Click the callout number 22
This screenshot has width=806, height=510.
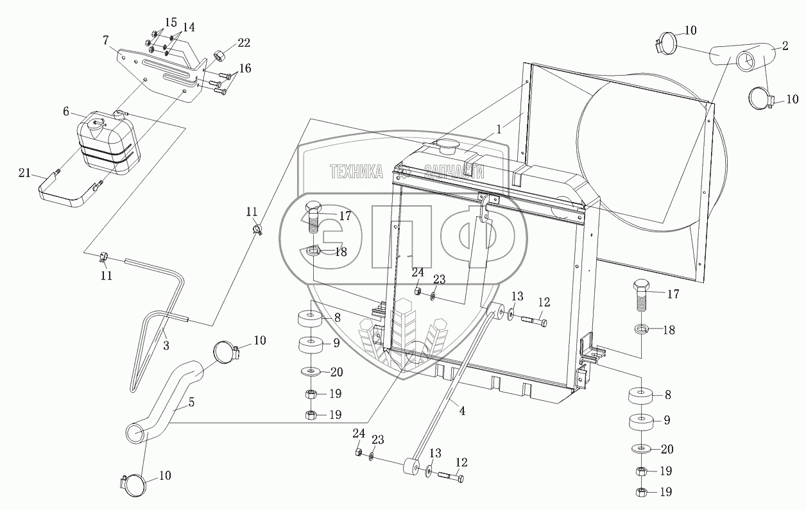[x=243, y=43]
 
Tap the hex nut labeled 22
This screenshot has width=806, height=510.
[x=219, y=56]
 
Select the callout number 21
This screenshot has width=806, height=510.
[x=24, y=173]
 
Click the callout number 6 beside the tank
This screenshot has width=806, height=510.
[x=66, y=112]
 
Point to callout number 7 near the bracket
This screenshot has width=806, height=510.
[x=105, y=40]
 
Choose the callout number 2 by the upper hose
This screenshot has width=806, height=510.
[x=784, y=46]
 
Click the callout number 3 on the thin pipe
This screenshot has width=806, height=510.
[x=166, y=346]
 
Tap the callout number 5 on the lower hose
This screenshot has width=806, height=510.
[x=191, y=402]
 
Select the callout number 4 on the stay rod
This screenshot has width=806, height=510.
[x=463, y=411]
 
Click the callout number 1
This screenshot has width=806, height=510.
[x=499, y=130]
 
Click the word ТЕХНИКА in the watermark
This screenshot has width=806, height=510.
[x=357, y=171]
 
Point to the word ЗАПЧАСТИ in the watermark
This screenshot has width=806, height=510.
[x=454, y=172]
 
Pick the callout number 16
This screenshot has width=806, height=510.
[x=245, y=69]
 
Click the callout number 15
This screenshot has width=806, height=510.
[x=171, y=22]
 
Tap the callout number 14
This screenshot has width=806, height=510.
[x=189, y=28]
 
